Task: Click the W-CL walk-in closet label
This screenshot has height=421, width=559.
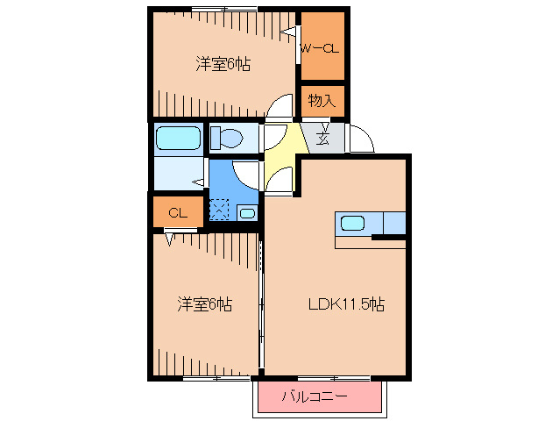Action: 320,48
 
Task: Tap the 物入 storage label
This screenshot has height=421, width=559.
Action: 322,101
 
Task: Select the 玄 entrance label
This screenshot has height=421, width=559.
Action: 322,138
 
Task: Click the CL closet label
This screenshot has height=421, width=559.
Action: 178,213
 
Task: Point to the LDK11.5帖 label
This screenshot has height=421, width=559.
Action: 346,304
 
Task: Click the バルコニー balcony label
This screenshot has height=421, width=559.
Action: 315,396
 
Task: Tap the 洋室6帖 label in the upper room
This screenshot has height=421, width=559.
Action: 223,64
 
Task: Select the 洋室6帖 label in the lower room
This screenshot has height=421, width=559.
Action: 205,304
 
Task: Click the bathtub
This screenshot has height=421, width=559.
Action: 178,138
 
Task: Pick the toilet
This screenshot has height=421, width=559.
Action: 226,138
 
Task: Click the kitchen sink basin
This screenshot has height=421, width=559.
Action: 352,224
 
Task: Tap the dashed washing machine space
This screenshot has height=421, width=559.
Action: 219,210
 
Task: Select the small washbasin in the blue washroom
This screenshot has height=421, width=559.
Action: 247,213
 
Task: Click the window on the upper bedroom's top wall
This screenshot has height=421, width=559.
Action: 224,9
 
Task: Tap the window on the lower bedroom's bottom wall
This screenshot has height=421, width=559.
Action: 216,377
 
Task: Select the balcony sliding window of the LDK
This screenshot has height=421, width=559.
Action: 333,377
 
